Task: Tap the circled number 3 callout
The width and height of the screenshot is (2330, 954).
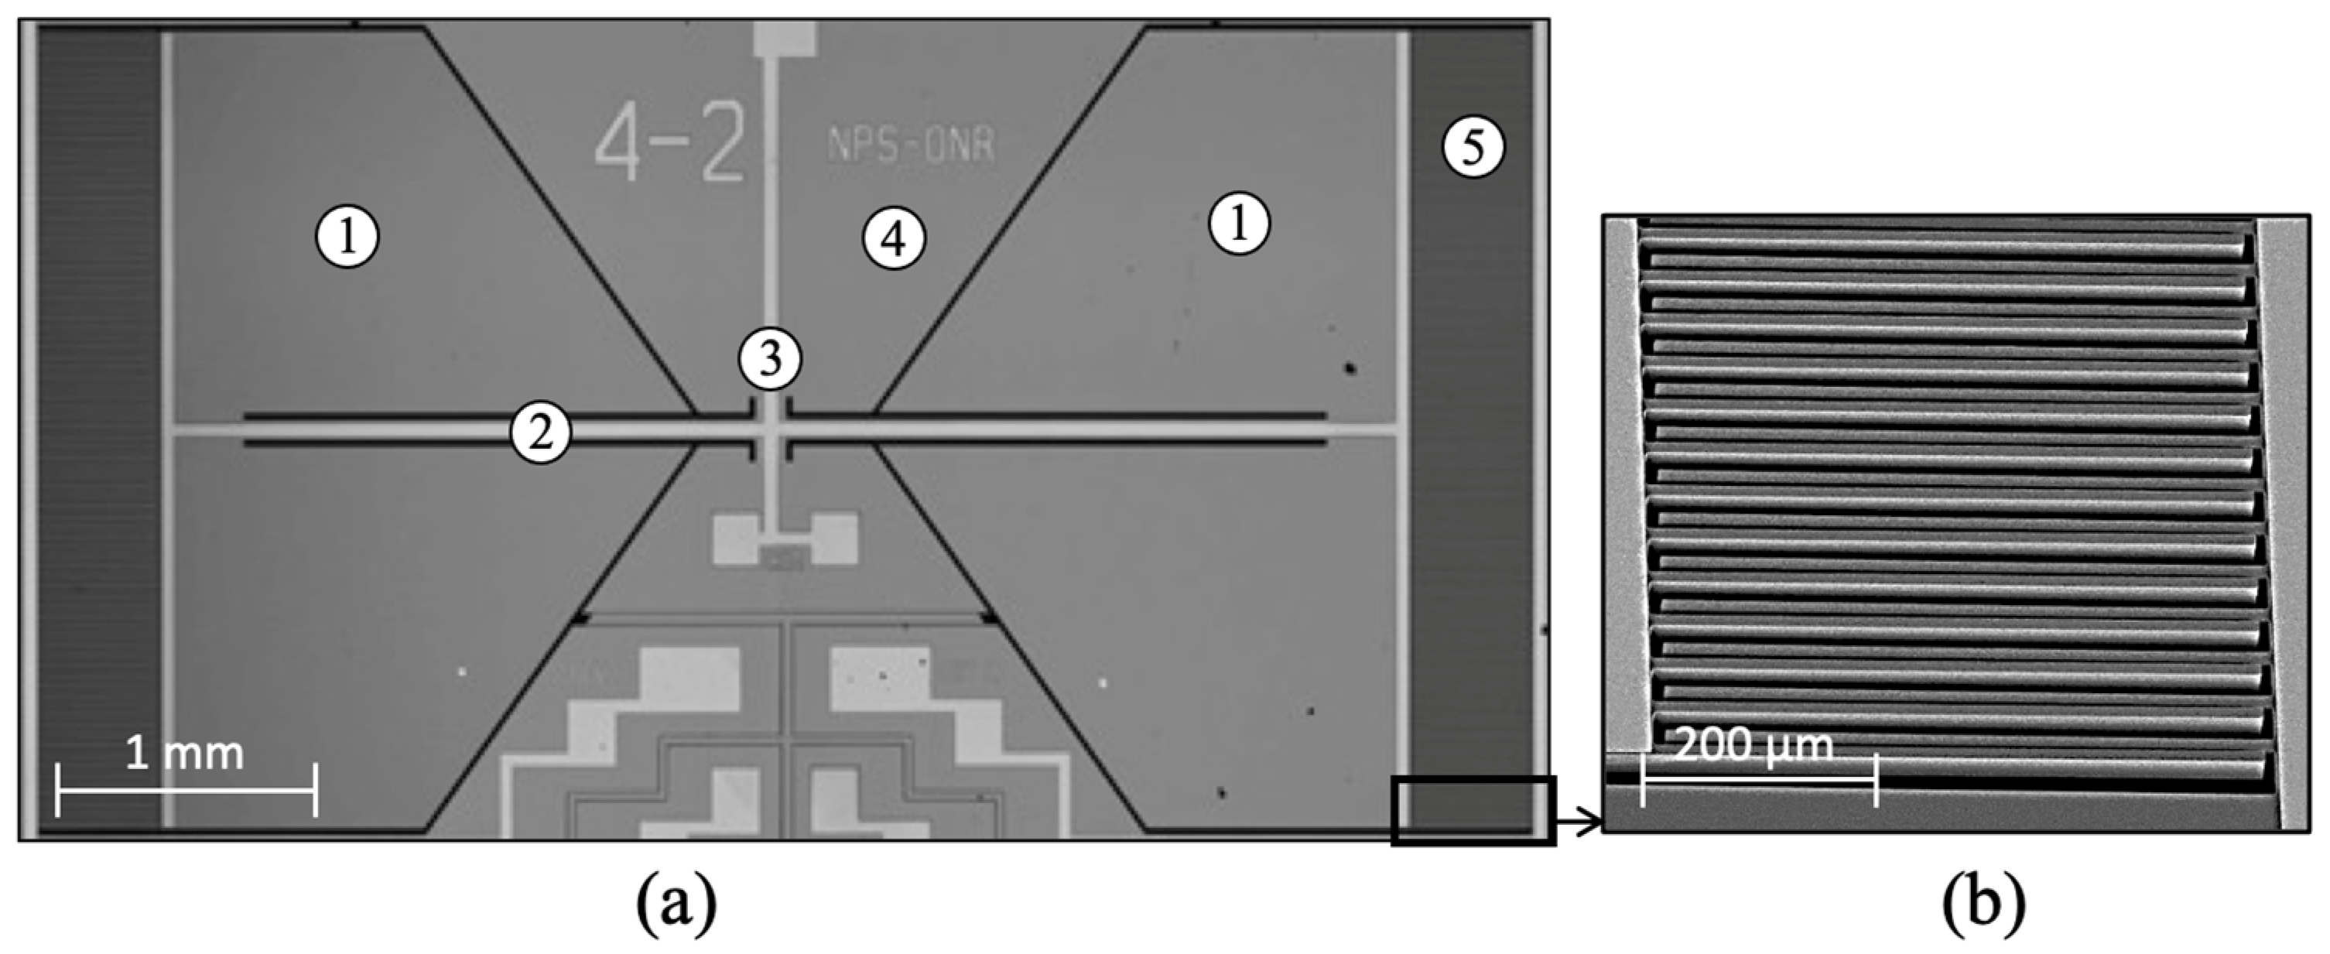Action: point(770,359)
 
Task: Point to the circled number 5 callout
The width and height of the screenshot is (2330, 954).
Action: point(1473,148)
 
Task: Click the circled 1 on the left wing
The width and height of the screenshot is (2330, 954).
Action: point(347,237)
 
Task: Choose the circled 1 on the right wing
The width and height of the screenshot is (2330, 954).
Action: point(1239,223)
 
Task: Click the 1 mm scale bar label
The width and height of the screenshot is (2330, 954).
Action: point(184,754)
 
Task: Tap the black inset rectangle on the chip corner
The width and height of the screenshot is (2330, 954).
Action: point(1473,810)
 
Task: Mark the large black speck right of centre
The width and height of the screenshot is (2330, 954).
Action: point(1350,368)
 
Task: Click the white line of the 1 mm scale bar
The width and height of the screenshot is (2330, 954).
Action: point(186,789)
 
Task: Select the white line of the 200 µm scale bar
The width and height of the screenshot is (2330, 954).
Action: point(1758,779)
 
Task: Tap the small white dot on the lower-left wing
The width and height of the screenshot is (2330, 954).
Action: point(463,671)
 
